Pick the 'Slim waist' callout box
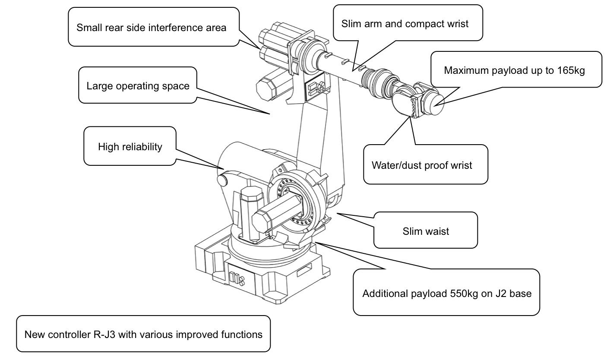(425, 231)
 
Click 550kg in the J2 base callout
(460, 294)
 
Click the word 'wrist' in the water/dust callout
(461, 165)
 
